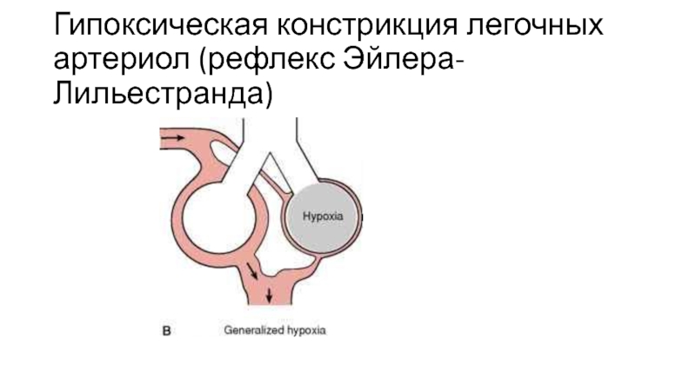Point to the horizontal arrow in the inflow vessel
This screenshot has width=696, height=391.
(173, 138)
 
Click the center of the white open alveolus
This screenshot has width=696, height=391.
(227, 211)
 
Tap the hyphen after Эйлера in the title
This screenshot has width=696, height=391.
(455, 62)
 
